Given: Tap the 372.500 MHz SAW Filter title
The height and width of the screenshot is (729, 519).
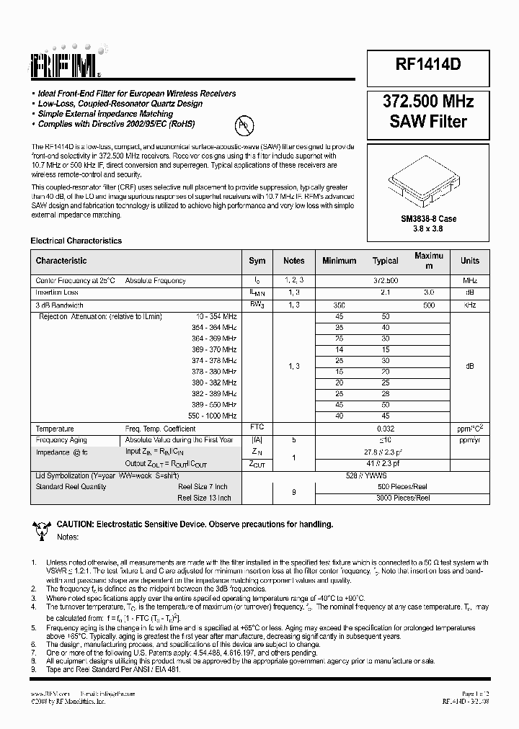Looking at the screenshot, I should [x=428, y=112].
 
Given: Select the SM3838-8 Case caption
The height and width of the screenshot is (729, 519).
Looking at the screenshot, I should [x=428, y=218].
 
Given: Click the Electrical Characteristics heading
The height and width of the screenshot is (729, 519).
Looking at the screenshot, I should [x=76, y=241].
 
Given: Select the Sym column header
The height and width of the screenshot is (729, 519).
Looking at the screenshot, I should [x=257, y=261].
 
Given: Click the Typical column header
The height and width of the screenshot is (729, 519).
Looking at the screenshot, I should [x=386, y=261].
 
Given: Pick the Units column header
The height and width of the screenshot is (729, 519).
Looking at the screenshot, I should [x=469, y=261].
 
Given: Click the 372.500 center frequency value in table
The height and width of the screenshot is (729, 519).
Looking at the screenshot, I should [x=386, y=280].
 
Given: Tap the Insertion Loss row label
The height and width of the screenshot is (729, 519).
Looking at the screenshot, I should [x=57, y=292].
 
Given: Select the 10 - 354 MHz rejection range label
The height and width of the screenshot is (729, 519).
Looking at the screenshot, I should [x=216, y=316].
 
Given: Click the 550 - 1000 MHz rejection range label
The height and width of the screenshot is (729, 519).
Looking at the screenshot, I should [x=211, y=416].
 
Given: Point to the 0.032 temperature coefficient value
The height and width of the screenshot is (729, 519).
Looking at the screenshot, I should [x=386, y=428].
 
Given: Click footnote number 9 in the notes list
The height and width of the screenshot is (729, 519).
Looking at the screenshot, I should [x=33, y=669].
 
